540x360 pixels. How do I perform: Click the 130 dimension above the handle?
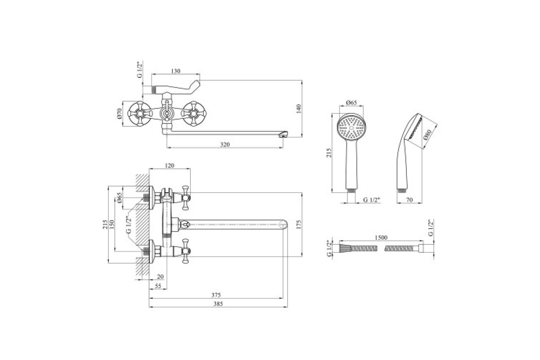175,71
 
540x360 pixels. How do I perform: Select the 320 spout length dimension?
225,144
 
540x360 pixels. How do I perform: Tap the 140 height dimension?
298,109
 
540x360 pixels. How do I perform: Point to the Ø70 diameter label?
120,113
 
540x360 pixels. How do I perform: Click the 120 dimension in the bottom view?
170,166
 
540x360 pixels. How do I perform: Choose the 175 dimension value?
298,224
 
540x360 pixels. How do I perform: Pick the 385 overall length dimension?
218,304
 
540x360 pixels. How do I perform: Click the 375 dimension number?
216,295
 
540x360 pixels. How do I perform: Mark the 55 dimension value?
158,286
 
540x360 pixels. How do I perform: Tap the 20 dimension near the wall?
160,277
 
